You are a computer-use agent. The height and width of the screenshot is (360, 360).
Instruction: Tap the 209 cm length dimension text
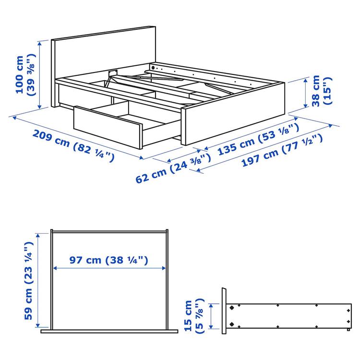(50, 138)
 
